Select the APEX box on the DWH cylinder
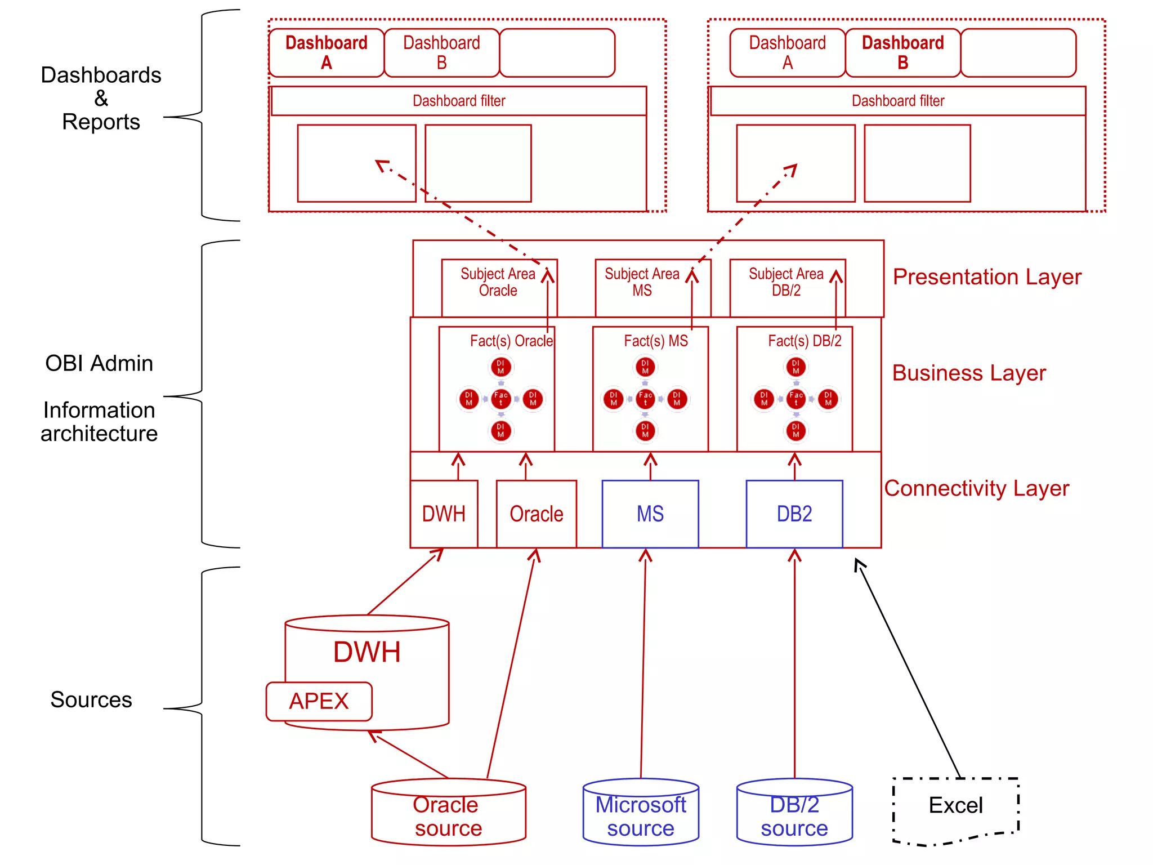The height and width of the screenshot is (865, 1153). point(319,701)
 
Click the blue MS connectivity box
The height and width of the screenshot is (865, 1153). point(650,514)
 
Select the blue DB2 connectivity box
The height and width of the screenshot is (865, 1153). point(794,514)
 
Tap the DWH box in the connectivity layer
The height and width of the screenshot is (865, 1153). point(444,514)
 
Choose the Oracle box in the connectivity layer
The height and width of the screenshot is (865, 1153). point(536,514)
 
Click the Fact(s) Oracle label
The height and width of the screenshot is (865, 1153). point(511,341)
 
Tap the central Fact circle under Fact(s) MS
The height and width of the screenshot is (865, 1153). point(645,399)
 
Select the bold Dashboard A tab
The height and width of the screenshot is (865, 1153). point(327,52)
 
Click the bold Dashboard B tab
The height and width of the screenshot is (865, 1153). point(902,52)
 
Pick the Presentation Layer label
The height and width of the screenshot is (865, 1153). point(987,277)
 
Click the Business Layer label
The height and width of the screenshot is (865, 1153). point(969,373)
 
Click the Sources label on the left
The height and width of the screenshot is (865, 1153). point(91,699)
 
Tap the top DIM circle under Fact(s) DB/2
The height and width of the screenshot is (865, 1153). point(796,367)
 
